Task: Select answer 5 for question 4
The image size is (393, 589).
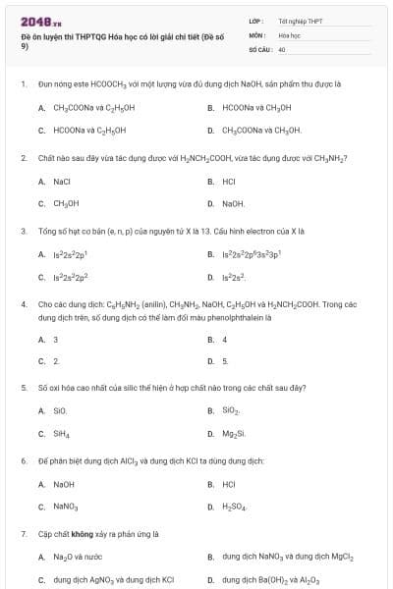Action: [x=225, y=361]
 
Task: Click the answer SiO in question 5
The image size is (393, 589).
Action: [x=61, y=412]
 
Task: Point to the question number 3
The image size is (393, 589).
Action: [x=24, y=232]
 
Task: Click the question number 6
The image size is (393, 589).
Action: [x=24, y=460]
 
